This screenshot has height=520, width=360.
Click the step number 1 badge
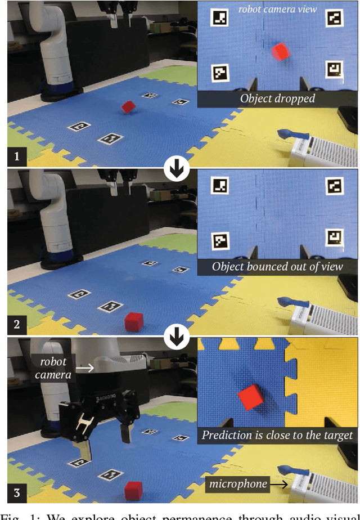[x=16, y=156]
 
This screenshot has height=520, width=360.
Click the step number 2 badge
[x=16, y=324]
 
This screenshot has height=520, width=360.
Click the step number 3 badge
[x=16, y=492]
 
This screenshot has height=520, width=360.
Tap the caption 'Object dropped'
[x=277, y=98]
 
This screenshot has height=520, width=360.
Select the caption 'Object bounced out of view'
[x=277, y=266]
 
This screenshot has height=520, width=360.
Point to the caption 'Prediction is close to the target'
[x=277, y=434]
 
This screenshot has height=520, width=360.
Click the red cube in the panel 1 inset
[x=281, y=52]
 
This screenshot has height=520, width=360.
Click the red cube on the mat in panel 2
[x=134, y=322]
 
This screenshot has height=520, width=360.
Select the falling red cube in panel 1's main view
[x=128, y=106]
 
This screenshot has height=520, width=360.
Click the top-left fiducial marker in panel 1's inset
[x=219, y=17]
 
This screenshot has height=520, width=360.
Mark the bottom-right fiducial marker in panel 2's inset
[x=335, y=237]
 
